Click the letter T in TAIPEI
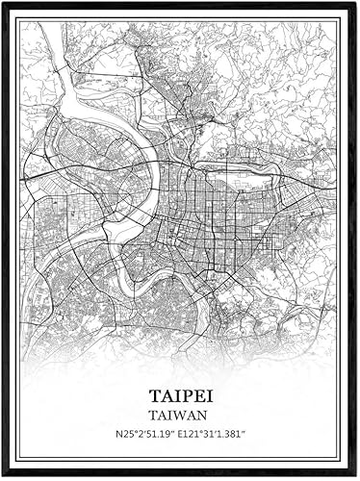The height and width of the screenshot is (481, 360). [155, 396]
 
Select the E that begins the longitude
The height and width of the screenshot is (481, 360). [183, 435]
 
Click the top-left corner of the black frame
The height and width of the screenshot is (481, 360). [3, 3]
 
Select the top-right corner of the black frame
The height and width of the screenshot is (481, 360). [356, 3]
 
